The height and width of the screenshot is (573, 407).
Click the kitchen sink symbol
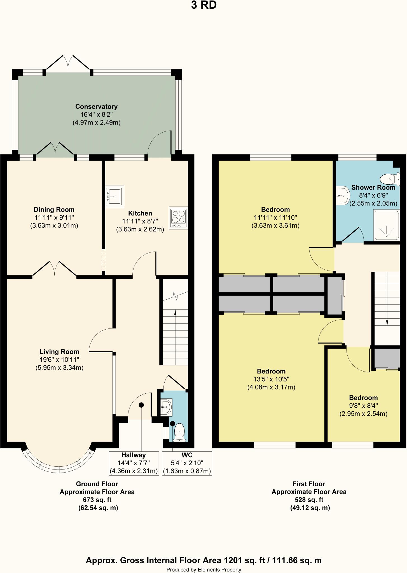point(114,196)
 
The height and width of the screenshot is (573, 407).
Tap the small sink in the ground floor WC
point(166,407)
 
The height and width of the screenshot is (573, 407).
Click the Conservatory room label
point(96,107)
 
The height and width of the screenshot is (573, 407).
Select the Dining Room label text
point(54,210)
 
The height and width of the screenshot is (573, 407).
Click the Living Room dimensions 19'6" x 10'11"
point(59,360)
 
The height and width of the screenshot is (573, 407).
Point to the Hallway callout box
point(134,463)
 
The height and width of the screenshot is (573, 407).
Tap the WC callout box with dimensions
point(187,463)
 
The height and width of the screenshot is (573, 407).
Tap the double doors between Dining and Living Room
point(55,269)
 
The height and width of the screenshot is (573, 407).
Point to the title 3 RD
point(203,5)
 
